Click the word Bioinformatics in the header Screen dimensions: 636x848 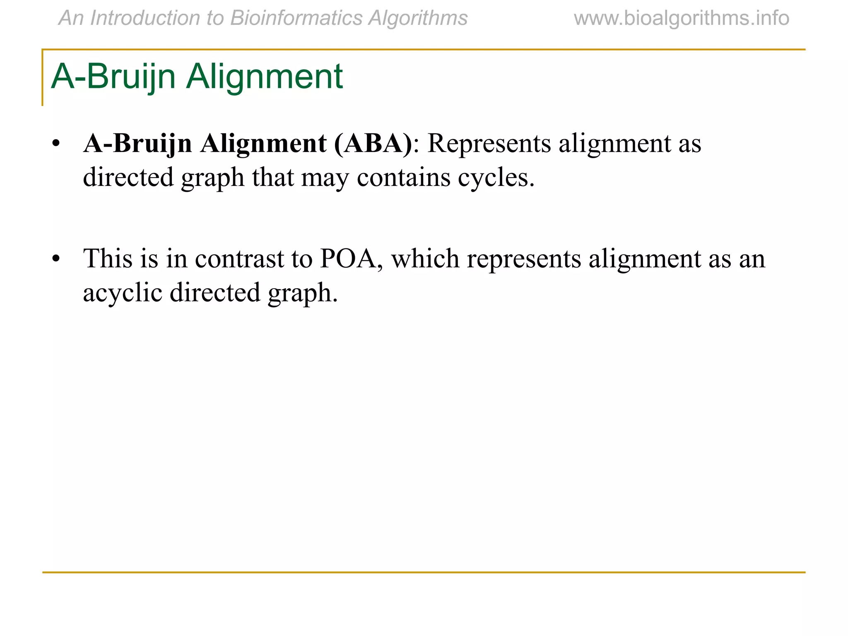(296, 18)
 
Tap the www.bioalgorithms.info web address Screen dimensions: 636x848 (682, 18)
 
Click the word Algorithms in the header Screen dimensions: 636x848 (418, 18)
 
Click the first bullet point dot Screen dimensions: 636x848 (56, 144)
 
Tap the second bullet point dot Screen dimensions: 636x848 (56, 259)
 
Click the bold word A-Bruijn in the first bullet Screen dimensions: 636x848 (137, 144)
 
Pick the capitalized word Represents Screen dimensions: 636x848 (489, 144)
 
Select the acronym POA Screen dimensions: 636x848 (352, 259)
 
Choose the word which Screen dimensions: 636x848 (425, 259)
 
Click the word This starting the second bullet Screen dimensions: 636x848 (108, 259)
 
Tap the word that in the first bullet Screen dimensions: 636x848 (273, 177)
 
